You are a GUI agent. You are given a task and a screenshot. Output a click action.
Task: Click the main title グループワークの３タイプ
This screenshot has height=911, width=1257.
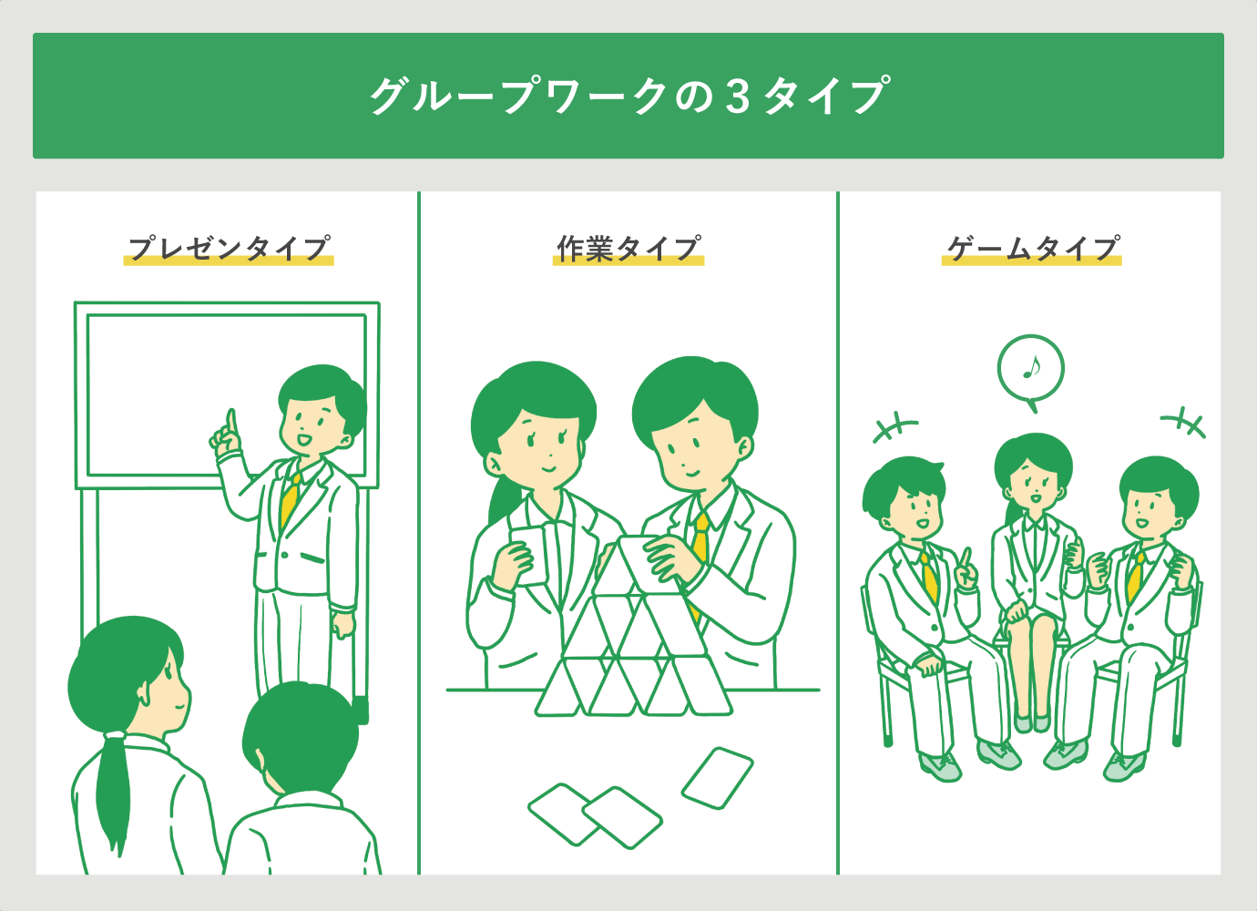click(x=628, y=96)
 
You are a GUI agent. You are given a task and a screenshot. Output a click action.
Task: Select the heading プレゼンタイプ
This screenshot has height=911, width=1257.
click(x=229, y=248)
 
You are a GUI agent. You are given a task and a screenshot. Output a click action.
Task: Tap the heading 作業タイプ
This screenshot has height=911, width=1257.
click(x=628, y=248)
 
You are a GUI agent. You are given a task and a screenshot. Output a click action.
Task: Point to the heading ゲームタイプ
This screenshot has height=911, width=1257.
click(x=1032, y=248)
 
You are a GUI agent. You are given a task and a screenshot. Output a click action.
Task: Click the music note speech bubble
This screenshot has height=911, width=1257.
click(x=1030, y=369)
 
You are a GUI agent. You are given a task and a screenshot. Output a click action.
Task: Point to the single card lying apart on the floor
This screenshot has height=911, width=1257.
click(x=718, y=777)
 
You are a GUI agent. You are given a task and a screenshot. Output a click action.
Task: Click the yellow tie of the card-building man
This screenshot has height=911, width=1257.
click(x=700, y=542)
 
